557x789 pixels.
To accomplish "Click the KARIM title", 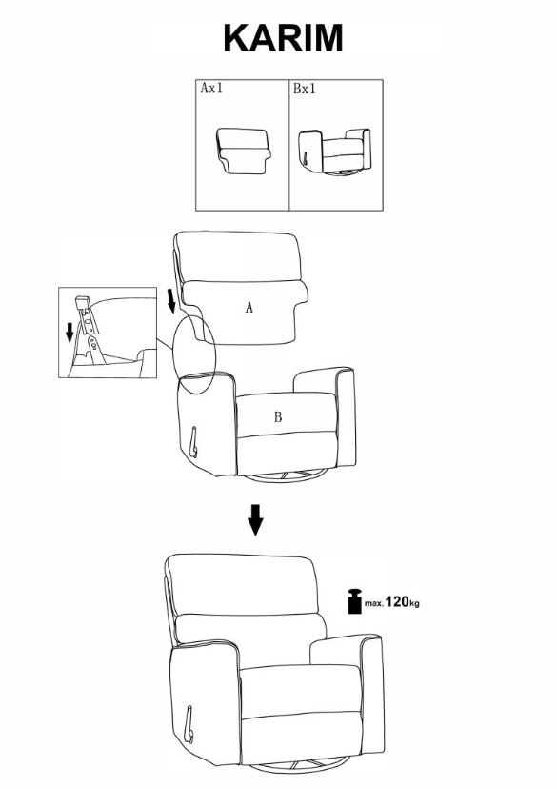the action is (x=283, y=38).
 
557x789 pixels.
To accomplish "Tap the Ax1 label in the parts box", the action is (x=211, y=88).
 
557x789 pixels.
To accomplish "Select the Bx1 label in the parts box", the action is (x=304, y=89).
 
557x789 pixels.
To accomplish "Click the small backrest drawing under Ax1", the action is (x=244, y=151).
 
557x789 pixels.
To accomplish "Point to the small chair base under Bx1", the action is (x=335, y=152).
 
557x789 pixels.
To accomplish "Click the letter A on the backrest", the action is (x=249, y=307).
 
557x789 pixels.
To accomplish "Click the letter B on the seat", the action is (x=278, y=416).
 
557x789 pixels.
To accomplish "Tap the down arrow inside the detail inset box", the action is (x=70, y=333).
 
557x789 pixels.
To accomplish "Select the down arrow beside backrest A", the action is (x=171, y=301).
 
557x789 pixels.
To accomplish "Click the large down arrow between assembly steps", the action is (x=255, y=519).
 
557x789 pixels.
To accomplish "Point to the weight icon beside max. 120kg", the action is (x=355, y=601).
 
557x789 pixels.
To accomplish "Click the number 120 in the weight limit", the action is (x=397, y=601).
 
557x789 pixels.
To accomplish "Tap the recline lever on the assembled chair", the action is (x=189, y=724).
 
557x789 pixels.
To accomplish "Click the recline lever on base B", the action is (x=193, y=442).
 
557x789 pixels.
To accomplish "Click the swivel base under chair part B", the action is (x=286, y=476).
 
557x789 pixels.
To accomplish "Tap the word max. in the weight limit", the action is (x=374, y=603).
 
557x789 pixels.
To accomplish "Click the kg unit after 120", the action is (x=415, y=603).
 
